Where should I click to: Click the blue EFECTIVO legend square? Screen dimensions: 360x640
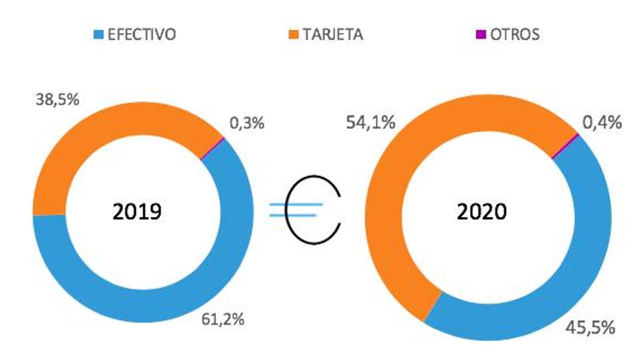(98, 34)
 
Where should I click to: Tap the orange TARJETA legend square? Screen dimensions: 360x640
(294, 34)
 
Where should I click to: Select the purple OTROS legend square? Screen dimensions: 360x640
(481, 34)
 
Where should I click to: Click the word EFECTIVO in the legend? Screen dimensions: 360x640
(142, 34)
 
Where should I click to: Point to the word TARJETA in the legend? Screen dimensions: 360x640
(333, 34)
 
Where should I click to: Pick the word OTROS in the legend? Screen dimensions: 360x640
(515, 34)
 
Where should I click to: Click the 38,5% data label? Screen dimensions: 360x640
(58, 100)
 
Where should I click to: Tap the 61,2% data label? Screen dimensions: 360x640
(223, 319)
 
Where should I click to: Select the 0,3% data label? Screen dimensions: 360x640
(247, 123)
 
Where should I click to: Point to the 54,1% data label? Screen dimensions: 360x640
(371, 122)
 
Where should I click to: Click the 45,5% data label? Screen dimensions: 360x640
(590, 328)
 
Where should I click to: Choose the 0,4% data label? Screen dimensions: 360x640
(602, 122)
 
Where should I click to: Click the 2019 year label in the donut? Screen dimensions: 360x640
(137, 211)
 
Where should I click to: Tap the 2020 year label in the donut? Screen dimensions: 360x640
(482, 211)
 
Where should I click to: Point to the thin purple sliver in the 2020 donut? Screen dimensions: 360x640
(566, 146)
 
